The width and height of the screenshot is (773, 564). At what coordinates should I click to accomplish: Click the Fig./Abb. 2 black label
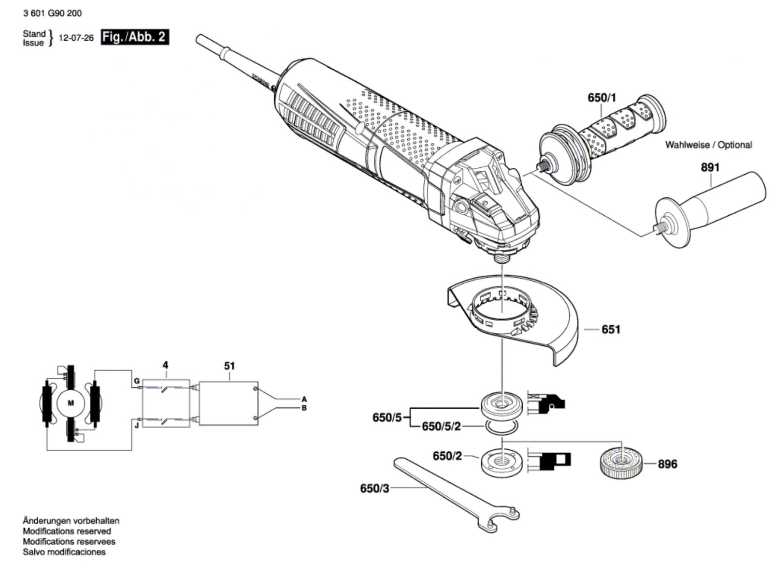(135, 37)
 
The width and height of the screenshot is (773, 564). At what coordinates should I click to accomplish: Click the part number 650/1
(602, 98)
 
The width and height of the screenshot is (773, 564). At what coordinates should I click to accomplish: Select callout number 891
(711, 168)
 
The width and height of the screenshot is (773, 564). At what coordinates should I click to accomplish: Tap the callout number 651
(611, 329)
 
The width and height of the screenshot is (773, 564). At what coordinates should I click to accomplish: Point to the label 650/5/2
(442, 427)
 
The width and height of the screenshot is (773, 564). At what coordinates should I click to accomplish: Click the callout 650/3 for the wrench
(374, 489)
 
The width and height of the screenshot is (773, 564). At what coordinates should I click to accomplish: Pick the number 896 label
(667, 464)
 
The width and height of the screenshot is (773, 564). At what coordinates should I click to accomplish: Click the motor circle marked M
(71, 403)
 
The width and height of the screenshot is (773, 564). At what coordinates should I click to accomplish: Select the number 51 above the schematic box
(229, 366)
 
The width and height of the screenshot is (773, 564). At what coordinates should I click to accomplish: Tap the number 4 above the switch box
(166, 365)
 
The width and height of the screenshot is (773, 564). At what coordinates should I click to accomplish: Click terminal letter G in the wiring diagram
(137, 381)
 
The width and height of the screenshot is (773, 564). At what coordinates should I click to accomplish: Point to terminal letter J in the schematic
(137, 426)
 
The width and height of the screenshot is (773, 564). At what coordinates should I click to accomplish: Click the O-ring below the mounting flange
(502, 428)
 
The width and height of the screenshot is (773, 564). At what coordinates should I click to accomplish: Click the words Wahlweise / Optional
(708, 145)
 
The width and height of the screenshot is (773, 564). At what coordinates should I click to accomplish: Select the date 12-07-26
(76, 38)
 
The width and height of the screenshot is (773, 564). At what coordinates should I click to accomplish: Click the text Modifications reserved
(67, 531)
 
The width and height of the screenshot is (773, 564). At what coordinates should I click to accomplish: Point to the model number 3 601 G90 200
(53, 13)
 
